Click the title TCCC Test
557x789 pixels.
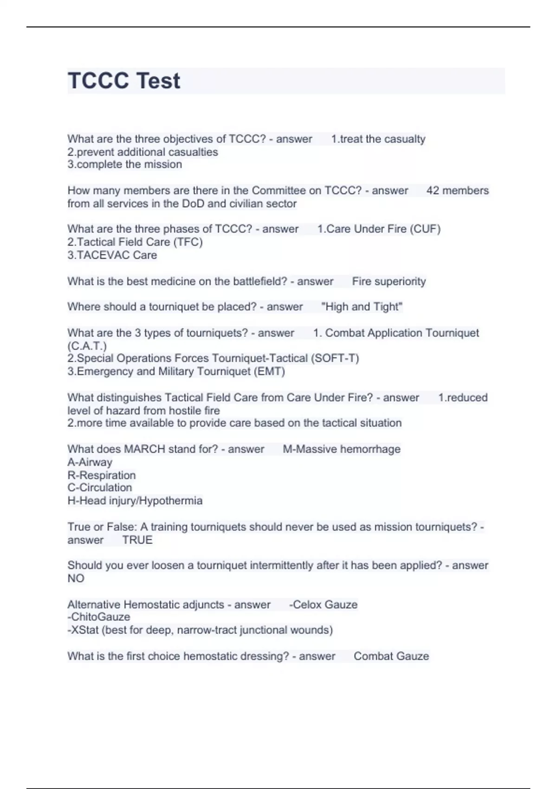123,81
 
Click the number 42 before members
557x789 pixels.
433,191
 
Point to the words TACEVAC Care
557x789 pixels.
117,255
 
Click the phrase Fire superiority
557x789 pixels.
389,282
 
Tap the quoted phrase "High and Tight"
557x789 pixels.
362,307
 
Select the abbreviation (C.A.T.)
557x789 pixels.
87,346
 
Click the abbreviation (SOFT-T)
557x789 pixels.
335,359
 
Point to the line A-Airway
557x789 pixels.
90,462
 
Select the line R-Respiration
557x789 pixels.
101,475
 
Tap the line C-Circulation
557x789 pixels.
99,488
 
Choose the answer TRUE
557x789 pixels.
137,540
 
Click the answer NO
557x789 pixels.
76,579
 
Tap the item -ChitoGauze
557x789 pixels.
98,617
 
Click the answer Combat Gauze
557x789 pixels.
391,656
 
